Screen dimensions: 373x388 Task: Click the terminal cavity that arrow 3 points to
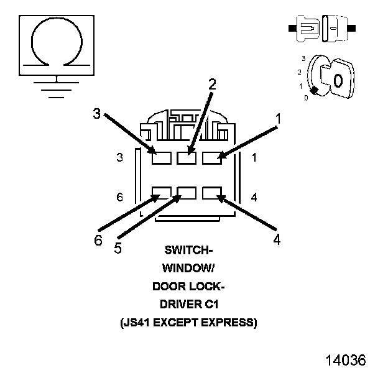[162, 158]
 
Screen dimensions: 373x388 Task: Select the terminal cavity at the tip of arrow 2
[187, 158]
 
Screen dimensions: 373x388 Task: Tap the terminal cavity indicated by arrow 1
[211, 158]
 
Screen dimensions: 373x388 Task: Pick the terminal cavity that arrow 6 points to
[162, 192]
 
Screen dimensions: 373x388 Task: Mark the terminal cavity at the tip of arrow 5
[187, 192]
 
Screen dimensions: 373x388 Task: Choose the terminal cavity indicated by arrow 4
[211, 192]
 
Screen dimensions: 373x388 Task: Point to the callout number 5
[118, 247]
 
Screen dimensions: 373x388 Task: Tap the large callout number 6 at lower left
[98, 241]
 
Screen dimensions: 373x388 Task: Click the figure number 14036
[344, 361]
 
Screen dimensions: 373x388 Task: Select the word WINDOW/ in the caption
[188, 269]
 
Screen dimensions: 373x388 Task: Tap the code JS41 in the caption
[137, 323]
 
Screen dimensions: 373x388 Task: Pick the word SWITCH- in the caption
[188, 251]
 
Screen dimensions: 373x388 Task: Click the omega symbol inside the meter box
[57, 40]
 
